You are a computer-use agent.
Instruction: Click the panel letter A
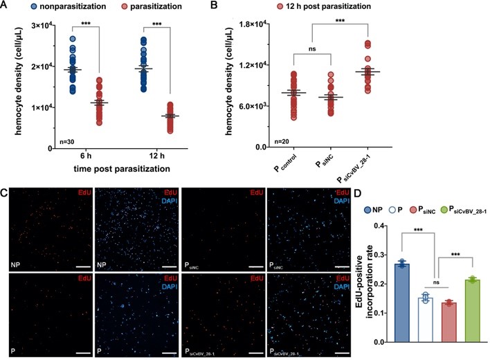[x=7, y=7]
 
